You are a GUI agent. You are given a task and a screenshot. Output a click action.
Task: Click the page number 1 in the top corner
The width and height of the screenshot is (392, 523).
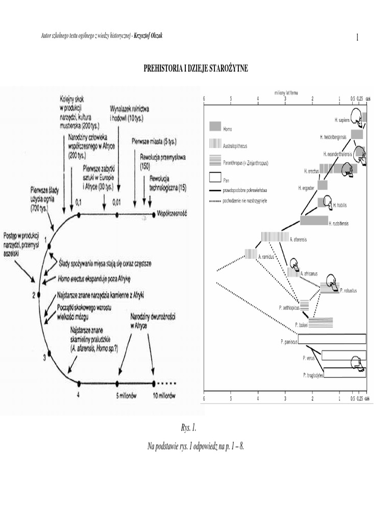357,37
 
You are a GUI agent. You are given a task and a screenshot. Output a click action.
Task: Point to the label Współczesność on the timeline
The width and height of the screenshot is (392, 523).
172,215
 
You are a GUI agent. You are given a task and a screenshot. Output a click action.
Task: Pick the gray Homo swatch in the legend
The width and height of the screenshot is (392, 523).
215,126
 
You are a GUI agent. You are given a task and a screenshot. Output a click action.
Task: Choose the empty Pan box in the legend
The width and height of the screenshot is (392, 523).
215,178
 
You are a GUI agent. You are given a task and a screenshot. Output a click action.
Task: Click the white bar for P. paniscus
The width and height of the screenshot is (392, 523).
332,339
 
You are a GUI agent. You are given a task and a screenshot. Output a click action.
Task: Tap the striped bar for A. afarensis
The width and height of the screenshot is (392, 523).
275,237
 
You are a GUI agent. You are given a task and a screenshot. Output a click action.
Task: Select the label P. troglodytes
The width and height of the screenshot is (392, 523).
312,375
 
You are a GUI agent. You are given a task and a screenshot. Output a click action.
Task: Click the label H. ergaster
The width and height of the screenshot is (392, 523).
306,188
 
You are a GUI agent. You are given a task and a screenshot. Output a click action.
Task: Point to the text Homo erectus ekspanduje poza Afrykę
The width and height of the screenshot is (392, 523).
94,279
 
